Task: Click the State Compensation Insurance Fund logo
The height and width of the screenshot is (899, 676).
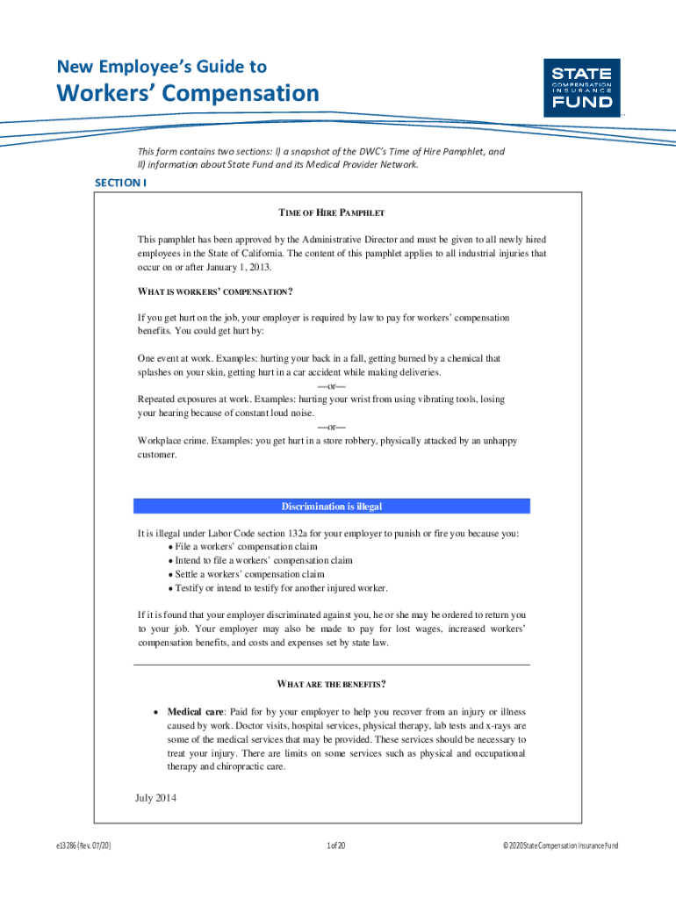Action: (x=582, y=87)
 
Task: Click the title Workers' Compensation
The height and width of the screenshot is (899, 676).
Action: (x=188, y=93)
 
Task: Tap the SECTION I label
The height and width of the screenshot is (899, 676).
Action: (x=120, y=183)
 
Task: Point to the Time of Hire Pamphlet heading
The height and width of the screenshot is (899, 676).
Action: (x=332, y=213)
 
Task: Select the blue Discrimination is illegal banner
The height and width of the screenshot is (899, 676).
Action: (x=332, y=507)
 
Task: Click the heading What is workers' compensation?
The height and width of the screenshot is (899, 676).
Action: (x=215, y=291)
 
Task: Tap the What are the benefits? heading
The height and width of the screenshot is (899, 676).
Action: (x=332, y=684)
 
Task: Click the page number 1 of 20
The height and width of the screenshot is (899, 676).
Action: (x=336, y=845)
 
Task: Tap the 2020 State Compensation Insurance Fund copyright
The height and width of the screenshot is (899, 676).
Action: (x=560, y=845)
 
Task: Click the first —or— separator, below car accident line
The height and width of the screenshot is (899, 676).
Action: (x=332, y=386)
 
